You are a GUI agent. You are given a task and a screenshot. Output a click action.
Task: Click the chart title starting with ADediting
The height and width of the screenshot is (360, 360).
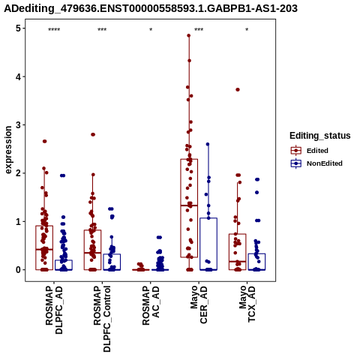[151, 8]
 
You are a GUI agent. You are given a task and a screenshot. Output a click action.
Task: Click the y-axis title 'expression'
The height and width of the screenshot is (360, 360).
[8, 150]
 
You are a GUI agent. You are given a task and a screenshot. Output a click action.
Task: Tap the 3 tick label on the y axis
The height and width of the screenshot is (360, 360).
[18, 125]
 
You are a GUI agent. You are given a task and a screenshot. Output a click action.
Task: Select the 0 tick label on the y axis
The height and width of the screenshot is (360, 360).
[18, 270]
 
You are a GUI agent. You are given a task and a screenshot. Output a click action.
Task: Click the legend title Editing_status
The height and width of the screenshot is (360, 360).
[320, 136]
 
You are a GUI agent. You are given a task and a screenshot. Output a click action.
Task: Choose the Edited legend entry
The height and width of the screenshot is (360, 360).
[310, 151]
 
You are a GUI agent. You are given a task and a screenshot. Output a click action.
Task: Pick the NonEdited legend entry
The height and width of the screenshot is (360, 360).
[316, 163]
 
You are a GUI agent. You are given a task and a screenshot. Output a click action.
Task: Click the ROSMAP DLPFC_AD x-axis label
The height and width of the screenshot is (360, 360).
[54, 310]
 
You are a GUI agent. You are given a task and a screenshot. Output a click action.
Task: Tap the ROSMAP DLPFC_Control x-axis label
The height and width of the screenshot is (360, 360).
[102, 319]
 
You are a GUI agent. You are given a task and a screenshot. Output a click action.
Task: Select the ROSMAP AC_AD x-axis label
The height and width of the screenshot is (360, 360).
[151, 305]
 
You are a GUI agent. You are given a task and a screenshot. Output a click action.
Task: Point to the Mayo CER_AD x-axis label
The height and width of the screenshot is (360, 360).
[199, 304]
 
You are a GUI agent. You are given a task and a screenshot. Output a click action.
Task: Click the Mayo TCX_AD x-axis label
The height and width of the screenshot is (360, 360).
[247, 304]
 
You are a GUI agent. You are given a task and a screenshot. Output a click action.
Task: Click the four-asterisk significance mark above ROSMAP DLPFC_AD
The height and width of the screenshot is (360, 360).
[54, 30]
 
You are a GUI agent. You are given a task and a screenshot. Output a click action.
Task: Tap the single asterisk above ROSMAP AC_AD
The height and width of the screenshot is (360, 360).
[151, 29]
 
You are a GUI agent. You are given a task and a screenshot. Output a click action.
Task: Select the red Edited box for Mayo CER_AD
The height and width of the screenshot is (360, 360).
[189, 208]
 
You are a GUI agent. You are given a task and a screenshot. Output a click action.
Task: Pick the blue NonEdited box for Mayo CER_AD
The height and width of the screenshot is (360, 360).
[208, 244]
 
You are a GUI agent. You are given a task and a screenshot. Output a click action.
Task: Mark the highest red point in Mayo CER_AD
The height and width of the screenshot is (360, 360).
[189, 35]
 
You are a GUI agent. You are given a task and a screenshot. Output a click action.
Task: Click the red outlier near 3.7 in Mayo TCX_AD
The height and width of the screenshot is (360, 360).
[238, 89]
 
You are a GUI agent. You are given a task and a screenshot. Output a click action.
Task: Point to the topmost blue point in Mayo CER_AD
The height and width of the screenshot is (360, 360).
[208, 144]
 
